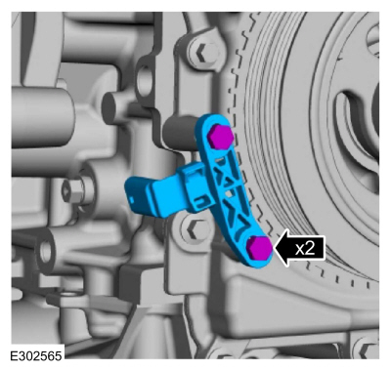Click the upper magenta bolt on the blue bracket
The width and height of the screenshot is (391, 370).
click(221, 136)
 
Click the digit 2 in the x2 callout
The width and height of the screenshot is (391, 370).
click(309, 249)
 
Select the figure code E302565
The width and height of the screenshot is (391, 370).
click(36, 355)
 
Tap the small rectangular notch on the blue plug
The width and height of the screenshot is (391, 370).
click(131, 197)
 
